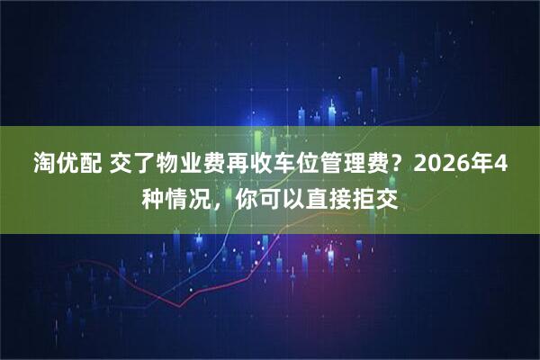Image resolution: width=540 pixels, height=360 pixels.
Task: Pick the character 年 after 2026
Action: (x=482, y=165)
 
